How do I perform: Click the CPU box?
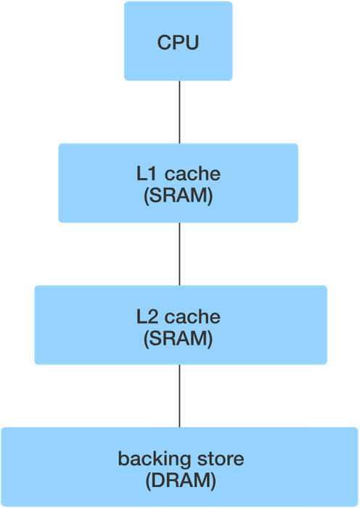179,41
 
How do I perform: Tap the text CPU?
179,42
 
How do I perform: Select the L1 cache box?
179,183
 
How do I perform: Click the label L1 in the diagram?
148,174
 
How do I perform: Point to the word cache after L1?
192,174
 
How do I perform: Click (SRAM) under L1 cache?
179,195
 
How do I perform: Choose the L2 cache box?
181,325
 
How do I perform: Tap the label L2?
148,317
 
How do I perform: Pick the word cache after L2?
192,317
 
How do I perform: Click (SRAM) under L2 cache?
179,339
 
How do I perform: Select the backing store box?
179,467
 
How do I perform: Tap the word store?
221,459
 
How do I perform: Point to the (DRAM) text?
181,480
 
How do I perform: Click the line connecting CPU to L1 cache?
179,112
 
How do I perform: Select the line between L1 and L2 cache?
179,254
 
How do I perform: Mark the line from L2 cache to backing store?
179,396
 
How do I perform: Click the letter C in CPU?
164,42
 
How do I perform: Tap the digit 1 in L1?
154,174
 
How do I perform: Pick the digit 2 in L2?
153,317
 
